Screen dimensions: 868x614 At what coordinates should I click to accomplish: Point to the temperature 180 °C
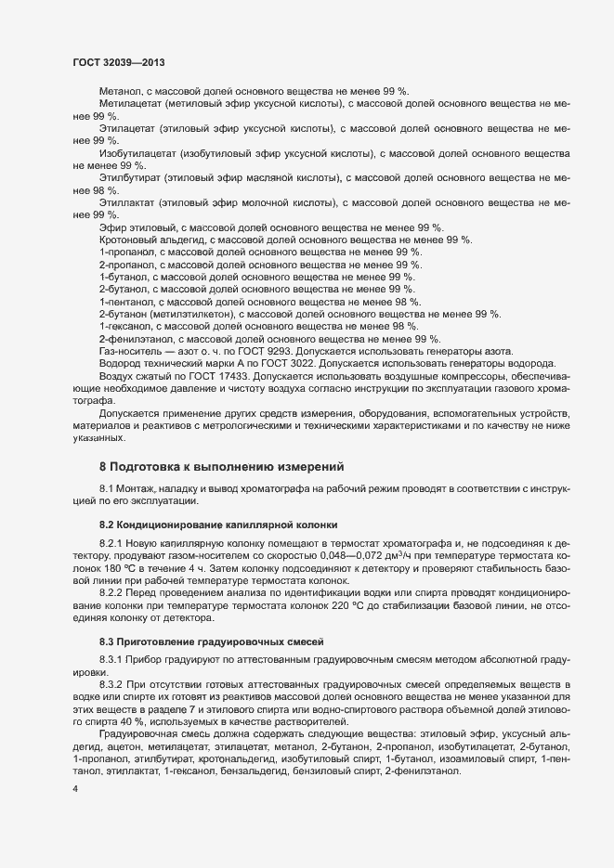[121, 565]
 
